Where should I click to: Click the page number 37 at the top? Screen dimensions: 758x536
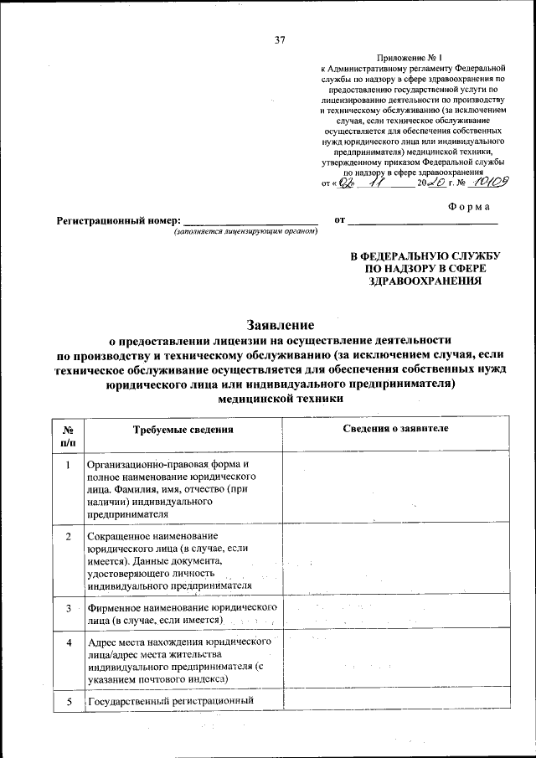tap(280, 39)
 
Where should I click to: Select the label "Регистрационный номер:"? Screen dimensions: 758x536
tap(118, 221)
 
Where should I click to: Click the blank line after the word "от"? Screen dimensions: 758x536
tap(422, 221)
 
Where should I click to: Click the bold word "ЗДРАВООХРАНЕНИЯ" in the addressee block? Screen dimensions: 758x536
tap(425, 282)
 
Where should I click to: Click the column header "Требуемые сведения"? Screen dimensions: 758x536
tap(183, 430)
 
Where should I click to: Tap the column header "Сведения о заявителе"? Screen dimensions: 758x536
tap(395, 429)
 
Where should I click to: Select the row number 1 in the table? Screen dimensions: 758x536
tap(68, 464)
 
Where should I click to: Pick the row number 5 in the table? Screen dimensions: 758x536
tap(68, 702)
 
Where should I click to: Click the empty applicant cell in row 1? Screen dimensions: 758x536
tap(395, 488)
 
